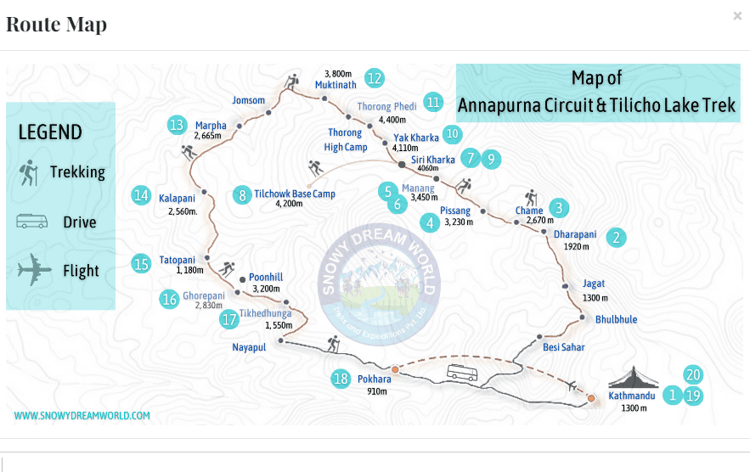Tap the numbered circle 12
click(374, 78)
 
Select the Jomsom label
click(248, 100)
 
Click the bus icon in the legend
click(31, 222)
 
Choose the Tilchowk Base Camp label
click(295, 194)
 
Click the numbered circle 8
click(243, 194)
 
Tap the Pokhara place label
click(374, 379)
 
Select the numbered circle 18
click(341, 379)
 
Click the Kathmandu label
click(632, 396)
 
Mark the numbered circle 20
click(693, 374)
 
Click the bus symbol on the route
click(462, 372)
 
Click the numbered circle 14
click(140, 195)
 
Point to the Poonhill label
click(266, 277)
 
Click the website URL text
click(82, 416)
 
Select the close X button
click(737, 16)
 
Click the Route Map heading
click(56, 24)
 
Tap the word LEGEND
click(50, 132)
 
